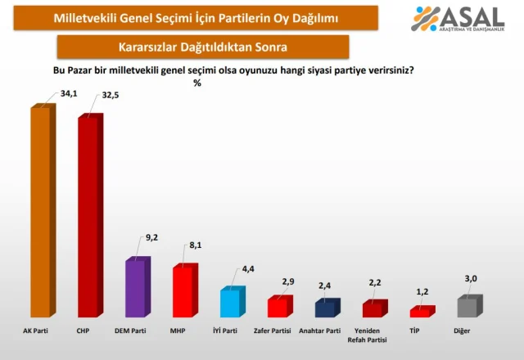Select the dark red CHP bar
pos(88,217)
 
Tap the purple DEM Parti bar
pos(136,289)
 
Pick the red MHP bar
pos(183,291)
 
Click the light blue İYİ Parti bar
pos(230,303)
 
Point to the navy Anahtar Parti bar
pos(325,309)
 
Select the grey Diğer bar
pos(468,307)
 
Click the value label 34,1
pos(70,93)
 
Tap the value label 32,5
pos(117,94)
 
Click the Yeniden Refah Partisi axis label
pos(373,335)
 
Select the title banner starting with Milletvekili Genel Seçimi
pos(195,17)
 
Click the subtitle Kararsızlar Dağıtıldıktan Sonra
pos(204,46)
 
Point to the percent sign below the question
pos(196,83)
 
